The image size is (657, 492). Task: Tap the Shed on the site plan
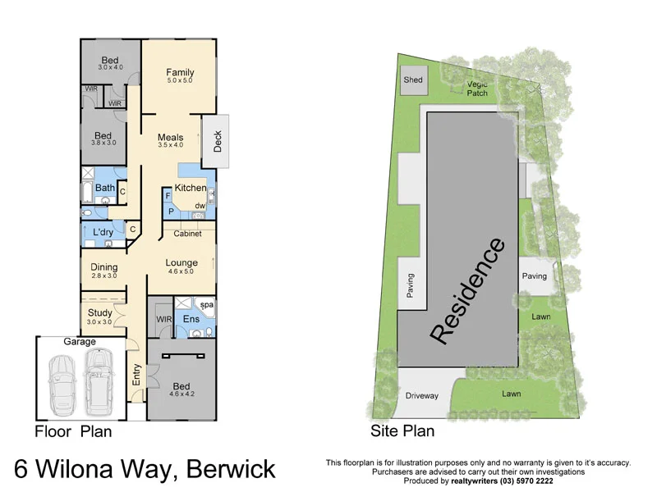click(412, 80)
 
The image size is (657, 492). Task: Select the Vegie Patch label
click(477, 89)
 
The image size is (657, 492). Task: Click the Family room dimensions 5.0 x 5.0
click(179, 80)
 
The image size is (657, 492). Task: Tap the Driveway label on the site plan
click(422, 396)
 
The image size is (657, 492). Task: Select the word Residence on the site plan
click(466, 290)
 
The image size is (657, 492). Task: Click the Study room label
click(99, 312)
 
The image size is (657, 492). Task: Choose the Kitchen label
click(190, 188)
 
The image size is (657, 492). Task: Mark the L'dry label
click(103, 233)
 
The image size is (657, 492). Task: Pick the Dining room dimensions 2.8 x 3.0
click(103, 276)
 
